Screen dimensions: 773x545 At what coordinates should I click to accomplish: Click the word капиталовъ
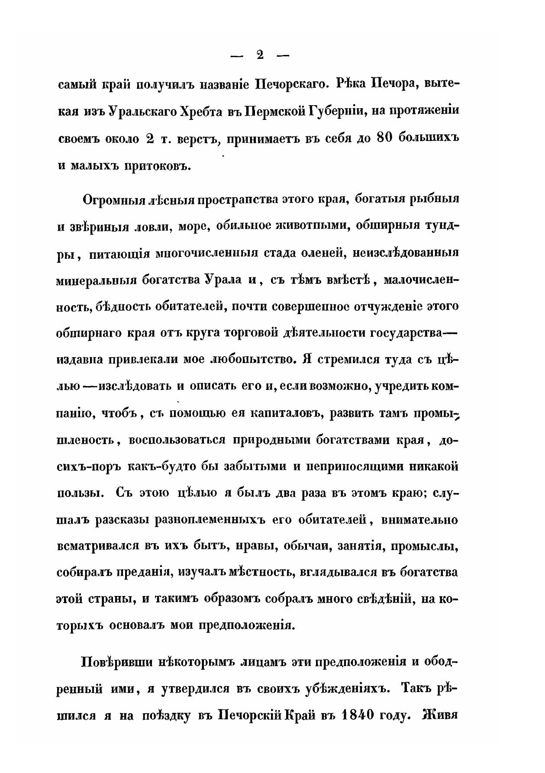[x=285, y=414]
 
